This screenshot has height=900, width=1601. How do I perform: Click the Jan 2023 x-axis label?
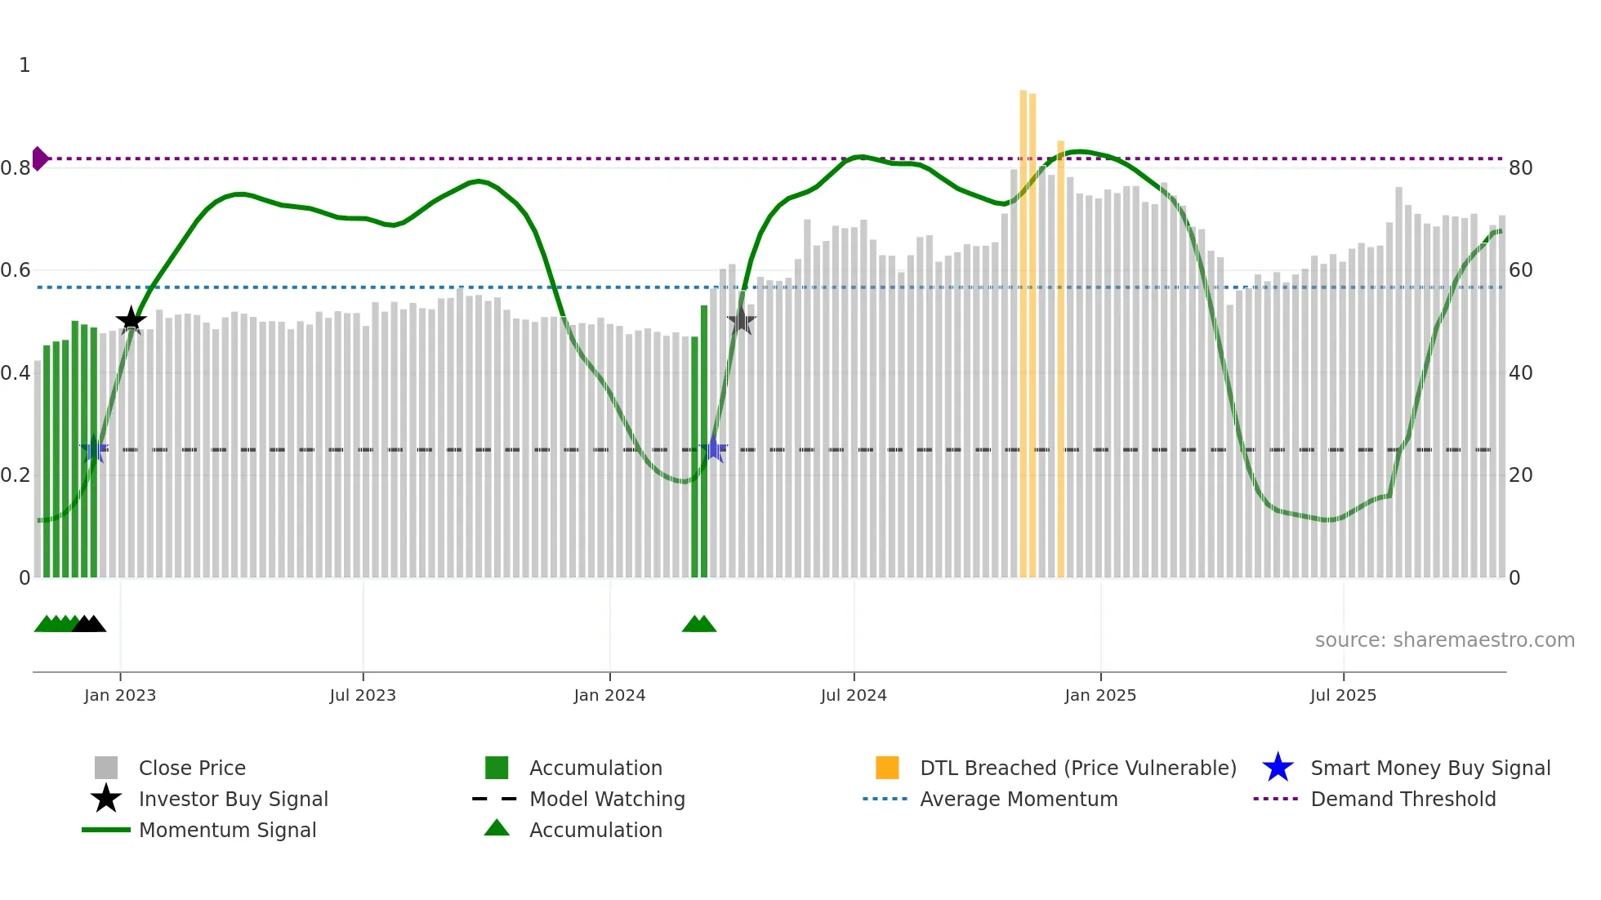119,696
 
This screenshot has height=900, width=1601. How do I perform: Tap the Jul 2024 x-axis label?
854,696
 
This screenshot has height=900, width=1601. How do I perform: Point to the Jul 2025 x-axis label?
1343,696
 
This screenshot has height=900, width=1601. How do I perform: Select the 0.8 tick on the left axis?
16,168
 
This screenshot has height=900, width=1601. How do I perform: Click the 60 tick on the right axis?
1520,270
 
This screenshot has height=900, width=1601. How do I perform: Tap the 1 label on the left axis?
25,65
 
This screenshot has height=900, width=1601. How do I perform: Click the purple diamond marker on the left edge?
39,158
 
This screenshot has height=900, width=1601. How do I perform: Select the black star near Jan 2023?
131,320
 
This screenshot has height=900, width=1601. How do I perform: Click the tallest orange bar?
1023,327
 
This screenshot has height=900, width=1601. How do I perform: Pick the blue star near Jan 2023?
94,449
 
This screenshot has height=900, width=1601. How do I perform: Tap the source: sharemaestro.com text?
1444,640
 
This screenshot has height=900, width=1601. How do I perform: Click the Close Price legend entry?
192,769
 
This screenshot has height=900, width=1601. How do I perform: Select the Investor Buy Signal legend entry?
233,800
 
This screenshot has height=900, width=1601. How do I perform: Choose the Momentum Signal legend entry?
227,831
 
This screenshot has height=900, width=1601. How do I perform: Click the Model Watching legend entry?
607,800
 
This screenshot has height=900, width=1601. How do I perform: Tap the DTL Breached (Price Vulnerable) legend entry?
1077,769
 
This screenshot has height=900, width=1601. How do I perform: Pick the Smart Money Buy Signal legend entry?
1429,769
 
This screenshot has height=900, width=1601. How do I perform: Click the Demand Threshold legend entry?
1403,800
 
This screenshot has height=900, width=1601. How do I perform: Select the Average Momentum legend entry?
1018,800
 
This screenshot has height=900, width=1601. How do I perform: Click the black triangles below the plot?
89,624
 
